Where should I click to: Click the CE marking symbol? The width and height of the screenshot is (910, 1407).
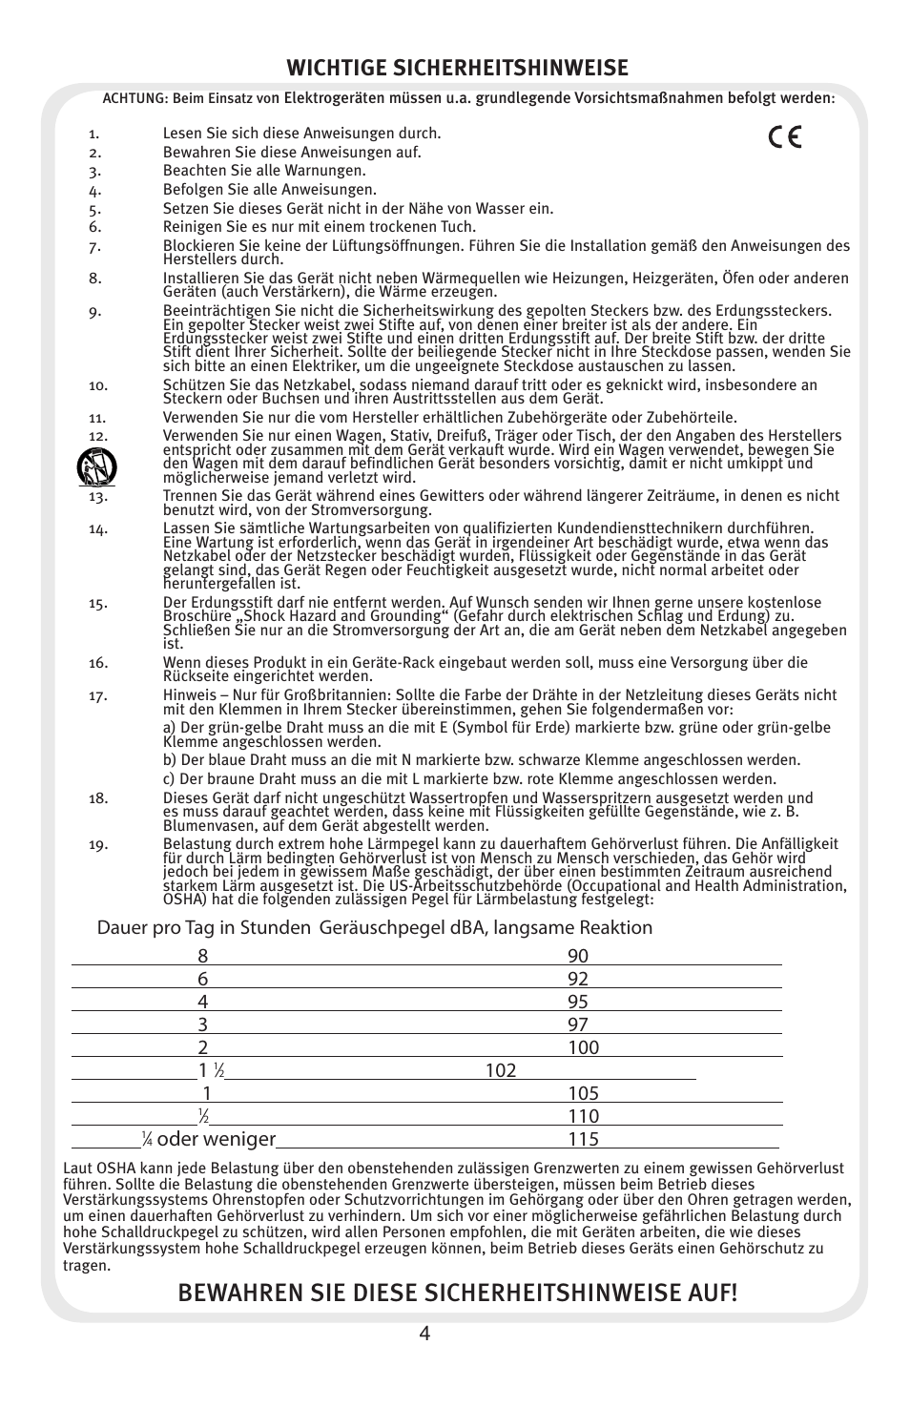pyautogui.click(x=783, y=137)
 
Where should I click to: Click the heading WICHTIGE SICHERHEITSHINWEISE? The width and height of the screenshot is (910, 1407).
pyautogui.click(x=458, y=67)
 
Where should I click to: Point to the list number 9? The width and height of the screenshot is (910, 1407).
pyautogui.click(x=94, y=311)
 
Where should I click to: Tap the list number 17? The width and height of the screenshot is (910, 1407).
pyautogui.click(x=97, y=695)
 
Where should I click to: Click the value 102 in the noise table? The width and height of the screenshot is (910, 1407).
pyautogui.click(x=500, y=1070)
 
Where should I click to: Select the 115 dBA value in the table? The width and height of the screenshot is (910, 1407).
pyautogui.click(x=583, y=1139)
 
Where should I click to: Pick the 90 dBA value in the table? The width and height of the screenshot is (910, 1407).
pyautogui.click(x=577, y=956)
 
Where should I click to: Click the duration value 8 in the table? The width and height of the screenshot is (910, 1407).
pyautogui.click(x=202, y=956)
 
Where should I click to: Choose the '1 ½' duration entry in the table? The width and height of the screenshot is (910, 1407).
pyautogui.click(x=211, y=1070)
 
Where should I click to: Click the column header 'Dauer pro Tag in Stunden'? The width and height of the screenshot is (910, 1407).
pyautogui.click(x=203, y=928)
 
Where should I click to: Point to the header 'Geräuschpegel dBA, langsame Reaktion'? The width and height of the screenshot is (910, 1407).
pyautogui.click(x=486, y=928)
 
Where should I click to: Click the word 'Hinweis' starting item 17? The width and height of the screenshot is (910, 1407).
pyautogui.click(x=189, y=695)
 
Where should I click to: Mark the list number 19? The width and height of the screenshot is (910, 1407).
pyautogui.click(x=97, y=844)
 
